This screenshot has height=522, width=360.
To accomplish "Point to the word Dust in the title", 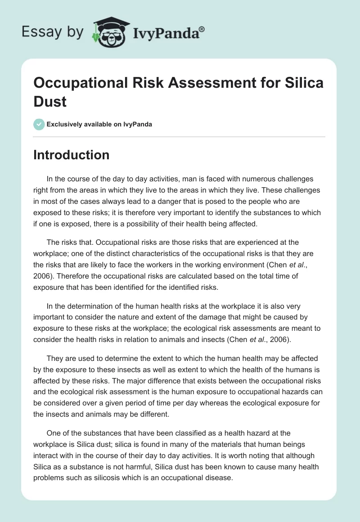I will (x=50, y=101).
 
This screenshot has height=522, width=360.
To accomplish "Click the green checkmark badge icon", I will (x=39, y=124).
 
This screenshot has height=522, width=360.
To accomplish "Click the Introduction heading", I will (x=72, y=155).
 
